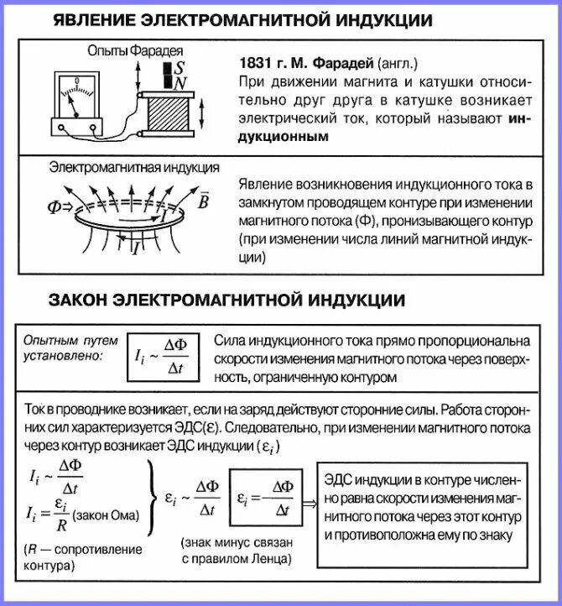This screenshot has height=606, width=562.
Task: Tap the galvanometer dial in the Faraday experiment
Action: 76,90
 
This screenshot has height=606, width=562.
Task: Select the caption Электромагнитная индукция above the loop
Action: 135,167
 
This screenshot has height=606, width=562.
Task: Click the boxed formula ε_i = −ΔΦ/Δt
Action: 265,497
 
